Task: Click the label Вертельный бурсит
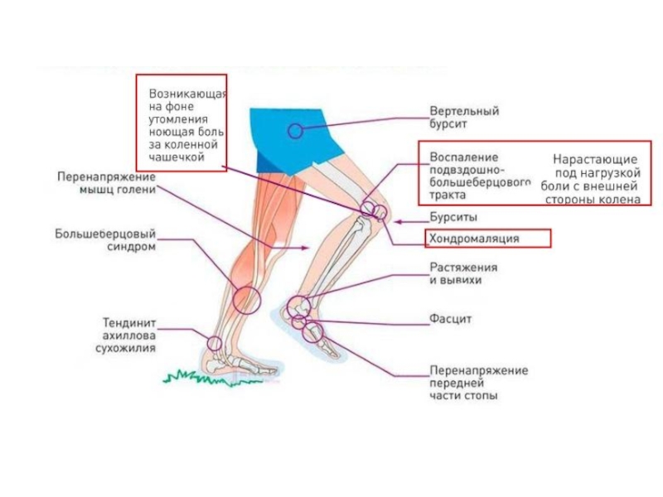464,117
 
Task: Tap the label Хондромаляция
474,239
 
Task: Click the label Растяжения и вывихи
463,274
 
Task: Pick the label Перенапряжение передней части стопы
478,384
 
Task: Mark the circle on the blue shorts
295,130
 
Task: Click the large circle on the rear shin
246,298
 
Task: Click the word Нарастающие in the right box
595,159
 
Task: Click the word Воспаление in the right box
463,157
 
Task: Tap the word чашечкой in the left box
176,156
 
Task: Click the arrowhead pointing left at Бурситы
399,221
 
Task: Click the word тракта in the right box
448,196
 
